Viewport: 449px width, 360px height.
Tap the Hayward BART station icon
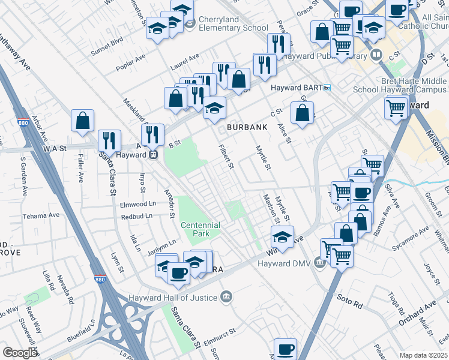(x=327, y=88)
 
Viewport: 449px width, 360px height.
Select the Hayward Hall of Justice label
(x=175, y=297)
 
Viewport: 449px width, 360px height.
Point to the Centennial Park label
(x=200, y=229)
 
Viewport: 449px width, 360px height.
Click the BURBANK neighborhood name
(x=246, y=128)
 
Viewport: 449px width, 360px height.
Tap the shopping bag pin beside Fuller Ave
(x=82, y=121)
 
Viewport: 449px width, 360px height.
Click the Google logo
(x=20, y=353)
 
